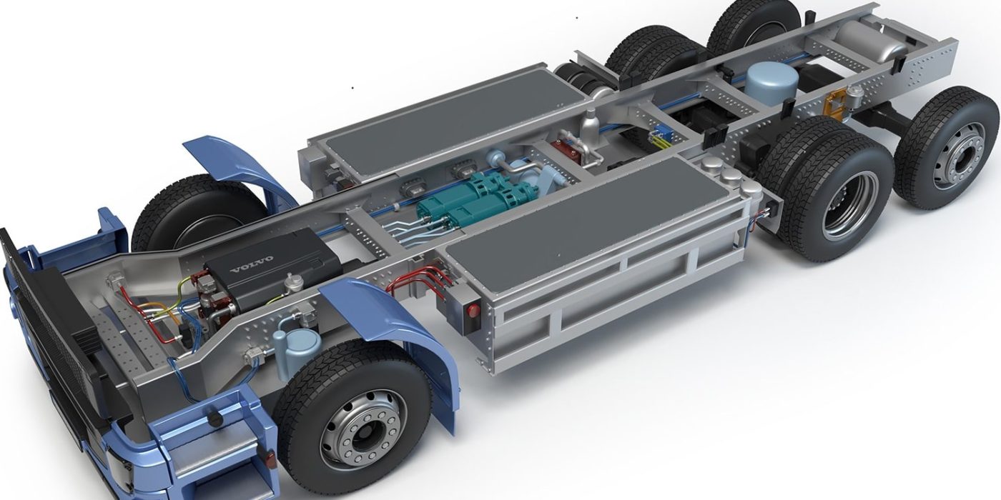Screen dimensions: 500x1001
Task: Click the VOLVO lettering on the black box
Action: (x=252, y=271)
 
